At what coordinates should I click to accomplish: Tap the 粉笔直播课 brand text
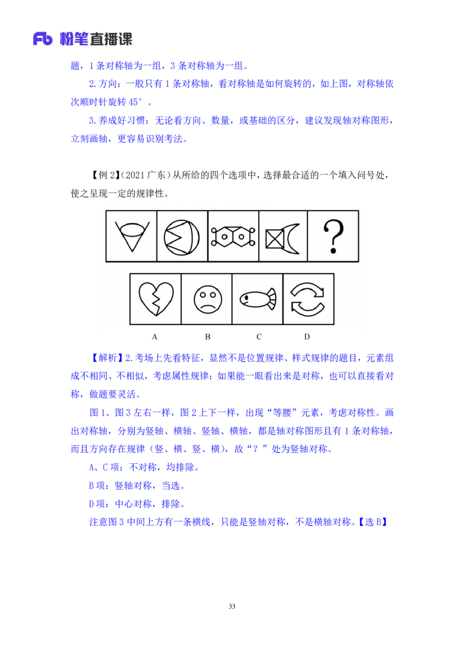click(96, 39)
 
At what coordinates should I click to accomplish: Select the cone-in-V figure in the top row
click(132, 236)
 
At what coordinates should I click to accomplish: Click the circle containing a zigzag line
click(182, 236)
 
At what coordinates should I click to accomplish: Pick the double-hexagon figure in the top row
click(233, 236)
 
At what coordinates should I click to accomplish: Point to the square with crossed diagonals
click(275, 239)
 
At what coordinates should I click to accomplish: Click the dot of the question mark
click(333, 251)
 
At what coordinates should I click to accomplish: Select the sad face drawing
click(207, 299)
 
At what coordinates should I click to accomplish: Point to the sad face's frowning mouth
click(207, 306)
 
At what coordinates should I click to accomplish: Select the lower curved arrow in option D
click(307, 309)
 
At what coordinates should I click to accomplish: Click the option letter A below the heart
click(155, 337)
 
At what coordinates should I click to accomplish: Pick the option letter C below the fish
click(259, 337)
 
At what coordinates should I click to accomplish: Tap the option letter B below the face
click(207, 337)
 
